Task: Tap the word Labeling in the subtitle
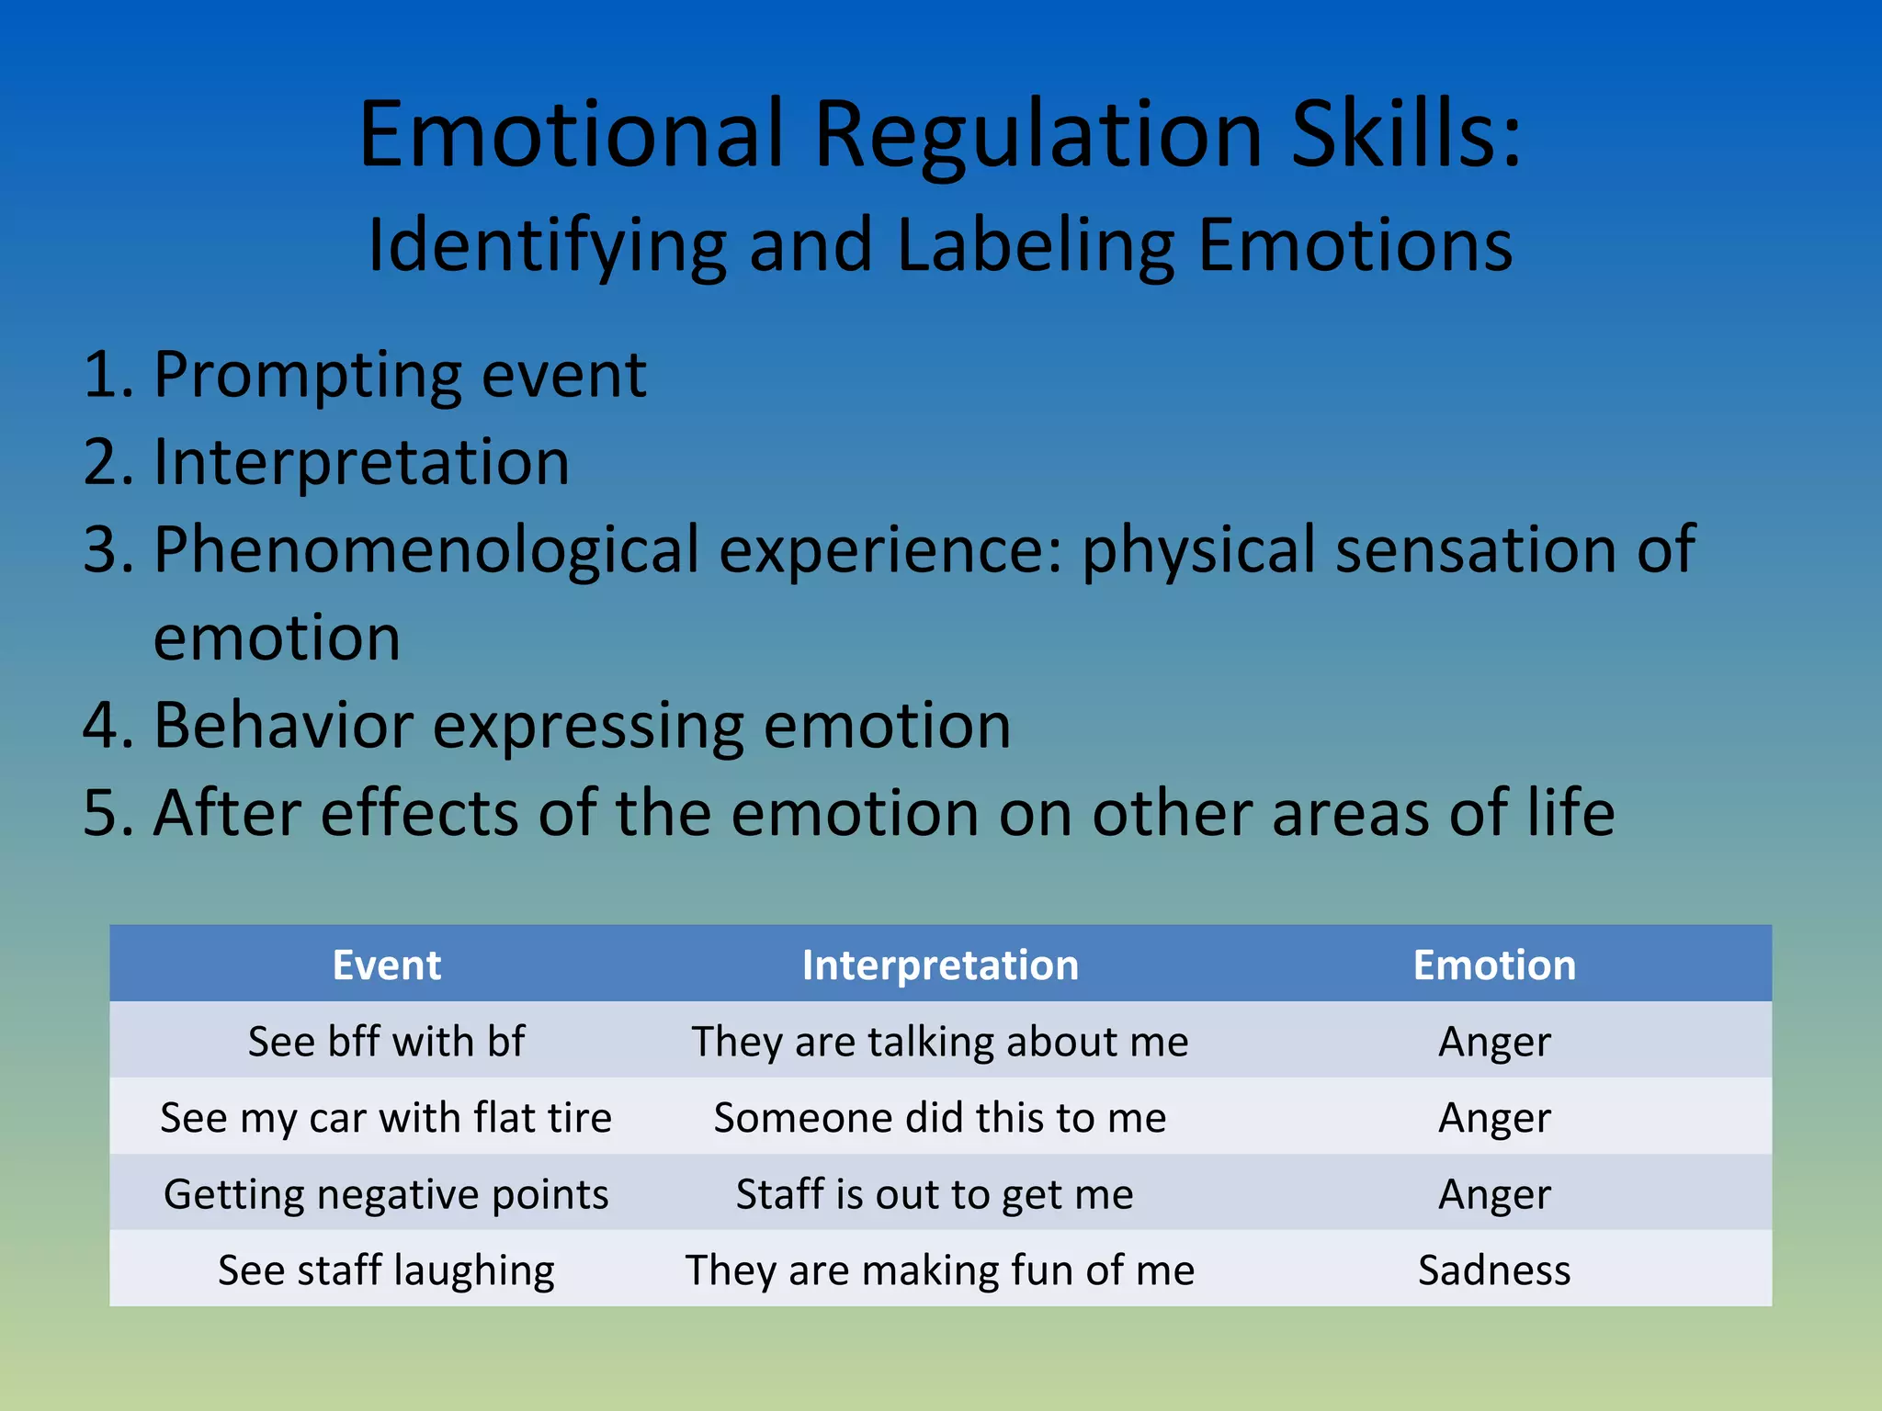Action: click(1036, 245)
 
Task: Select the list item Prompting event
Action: click(400, 375)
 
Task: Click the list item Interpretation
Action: click(361, 461)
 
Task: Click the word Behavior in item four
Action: click(283, 726)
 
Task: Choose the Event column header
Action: click(387, 965)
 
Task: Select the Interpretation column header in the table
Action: click(940, 965)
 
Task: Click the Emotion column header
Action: click(1494, 965)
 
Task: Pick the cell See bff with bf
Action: click(387, 1042)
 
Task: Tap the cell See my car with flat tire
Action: click(387, 1118)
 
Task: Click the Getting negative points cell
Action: click(387, 1194)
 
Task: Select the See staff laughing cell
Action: click(387, 1270)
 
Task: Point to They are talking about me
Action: click(940, 1042)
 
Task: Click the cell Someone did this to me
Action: click(940, 1118)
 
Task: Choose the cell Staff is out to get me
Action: click(935, 1194)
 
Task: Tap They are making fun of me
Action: click(940, 1270)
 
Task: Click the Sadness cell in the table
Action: click(1494, 1270)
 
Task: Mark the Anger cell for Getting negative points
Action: click(1494, 1194)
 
